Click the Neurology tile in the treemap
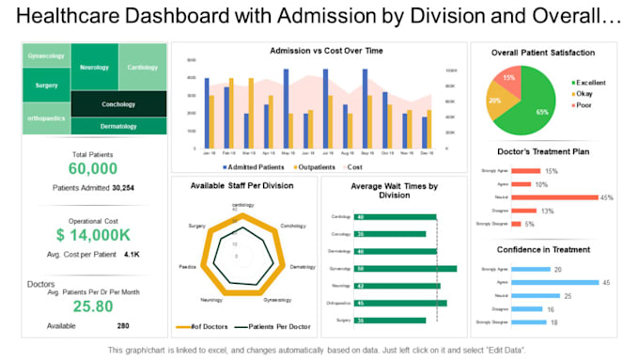pyautogui.click(x=95, y=68)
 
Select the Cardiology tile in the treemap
pyautogui.click(x=142, y=68)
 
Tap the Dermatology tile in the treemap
pyautogui.click(x=118, y=126)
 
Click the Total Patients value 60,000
pyautogui.click(x=93, y=168)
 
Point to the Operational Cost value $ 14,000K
pyautogui.click(x=93, y=235)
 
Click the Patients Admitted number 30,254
pyautogui.click(x=122, y=187)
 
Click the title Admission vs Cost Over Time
pyautogui.click(x=319, y=51)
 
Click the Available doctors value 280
pyautogui.click(x=122, y=325)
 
